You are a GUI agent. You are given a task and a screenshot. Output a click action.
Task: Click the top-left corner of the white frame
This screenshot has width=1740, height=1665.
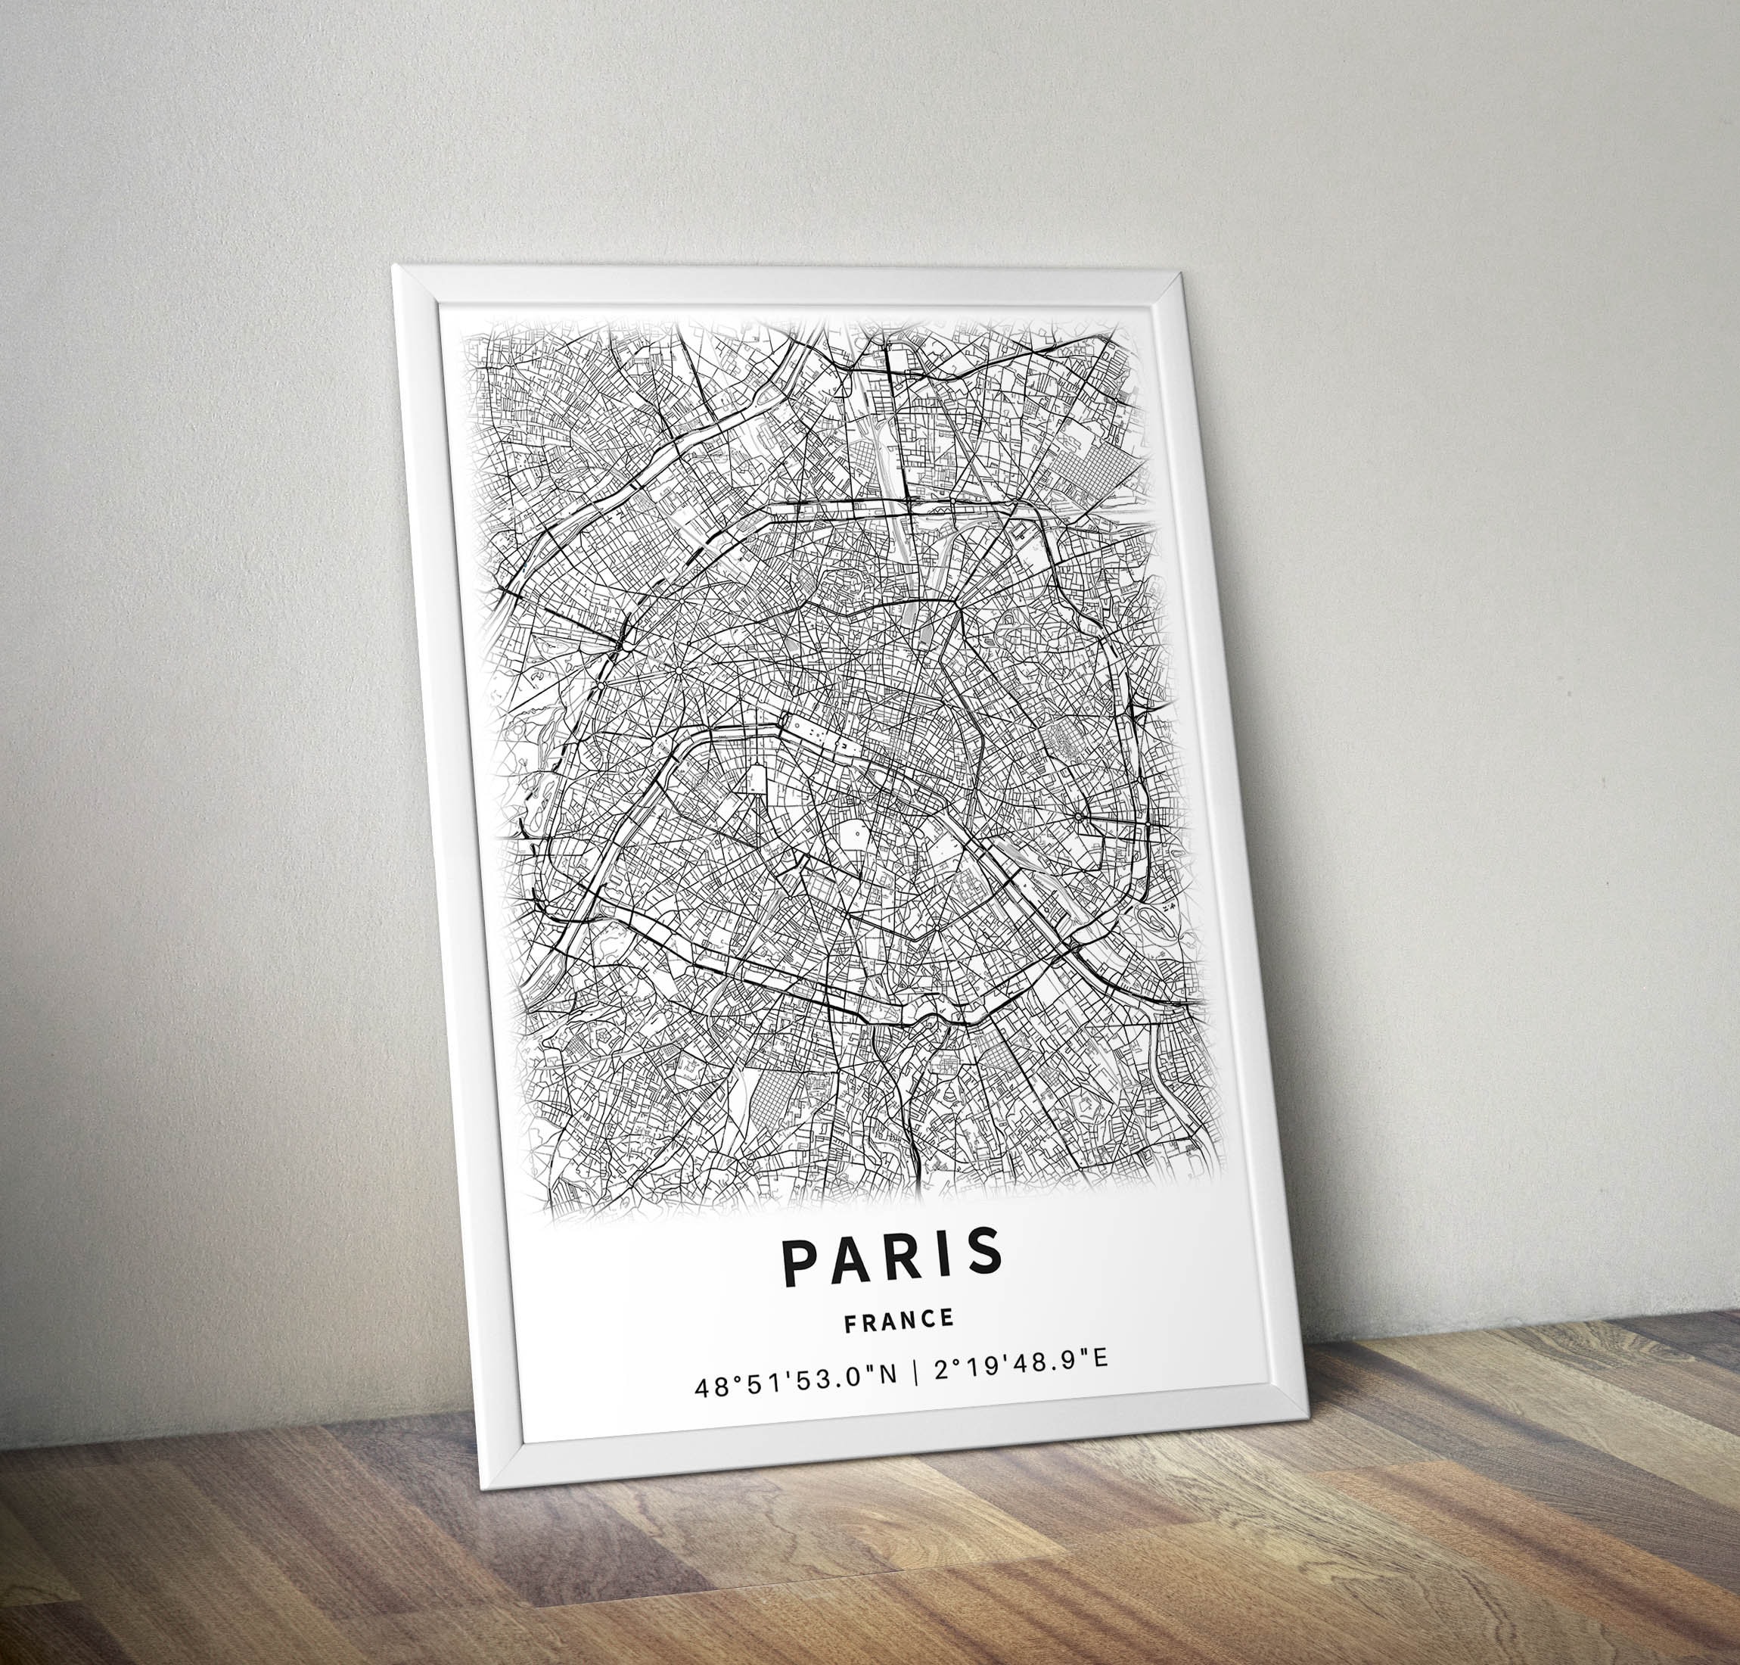[394, 266]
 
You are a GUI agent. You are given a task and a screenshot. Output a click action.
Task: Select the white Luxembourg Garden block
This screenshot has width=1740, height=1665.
[854, 834]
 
